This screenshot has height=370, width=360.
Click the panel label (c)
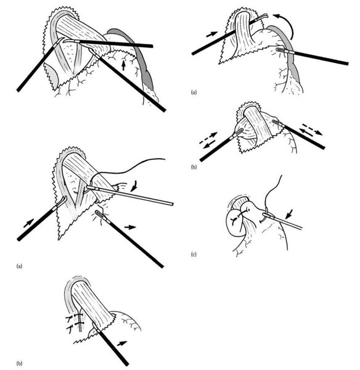click(194, 254)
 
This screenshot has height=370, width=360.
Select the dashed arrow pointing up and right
click(208, 138)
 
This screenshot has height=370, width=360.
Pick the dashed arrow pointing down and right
click(313, 129)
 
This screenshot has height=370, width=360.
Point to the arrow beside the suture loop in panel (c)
click(289, 213)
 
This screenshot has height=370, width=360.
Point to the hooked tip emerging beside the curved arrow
click(262, 17)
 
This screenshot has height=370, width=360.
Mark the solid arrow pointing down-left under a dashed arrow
click(210, 144)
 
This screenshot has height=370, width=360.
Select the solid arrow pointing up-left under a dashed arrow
click(306, 131)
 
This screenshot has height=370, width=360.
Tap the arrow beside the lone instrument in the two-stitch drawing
click(122, 343)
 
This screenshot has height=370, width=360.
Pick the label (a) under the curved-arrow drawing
click(194, 92)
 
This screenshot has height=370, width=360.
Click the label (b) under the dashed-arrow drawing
click(194, 167)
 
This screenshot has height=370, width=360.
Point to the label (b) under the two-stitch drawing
click(20, 363)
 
